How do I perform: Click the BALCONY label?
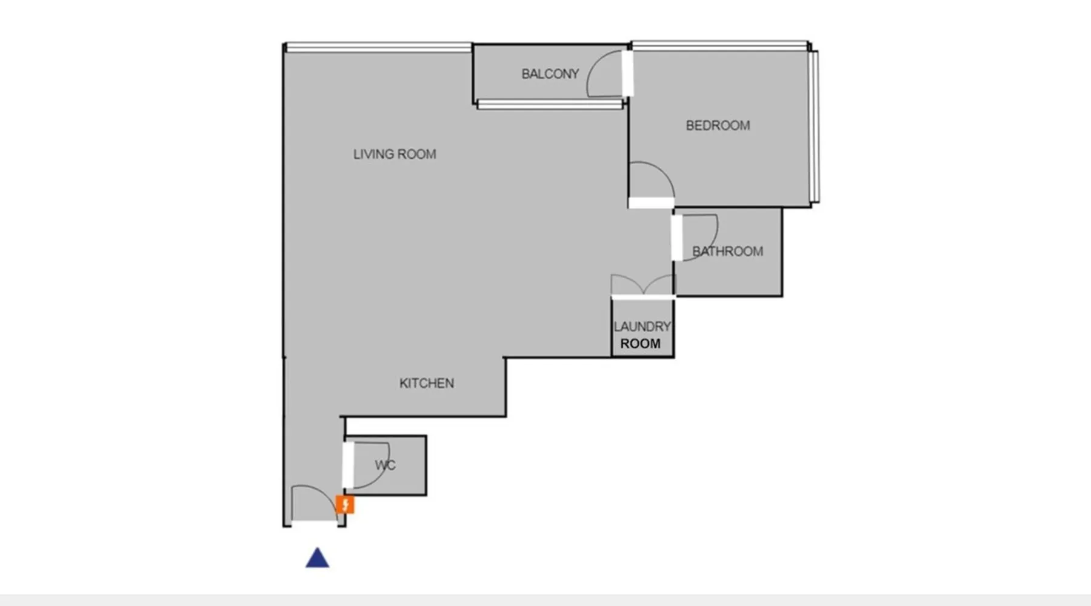(550, 74)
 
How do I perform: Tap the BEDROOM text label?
(718, 125)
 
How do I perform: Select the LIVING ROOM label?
(395, 154)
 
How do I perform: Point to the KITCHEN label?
(427, 383)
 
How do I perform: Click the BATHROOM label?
(727, 251)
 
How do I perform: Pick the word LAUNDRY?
(642, 327)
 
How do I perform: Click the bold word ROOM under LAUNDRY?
(640, 344)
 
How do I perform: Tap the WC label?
(385, 465)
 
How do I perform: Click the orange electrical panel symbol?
(345, 504)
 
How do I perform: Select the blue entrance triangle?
(317, 558)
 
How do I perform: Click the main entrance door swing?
(314, 502)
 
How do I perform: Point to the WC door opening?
(348, 465)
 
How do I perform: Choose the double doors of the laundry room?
(642, 285)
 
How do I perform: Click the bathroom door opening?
(677, 238)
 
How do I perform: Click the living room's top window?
(379, 47)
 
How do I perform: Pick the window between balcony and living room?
(550, 105)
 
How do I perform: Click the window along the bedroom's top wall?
(719, 45)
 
